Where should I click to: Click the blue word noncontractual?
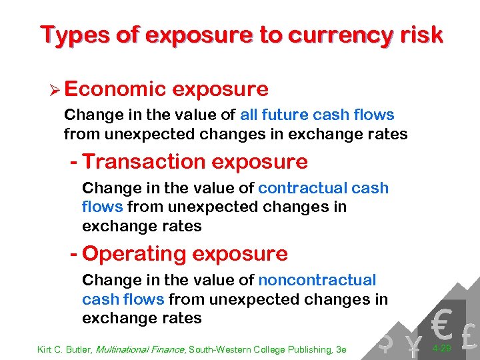317,280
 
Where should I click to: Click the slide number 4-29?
443,349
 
